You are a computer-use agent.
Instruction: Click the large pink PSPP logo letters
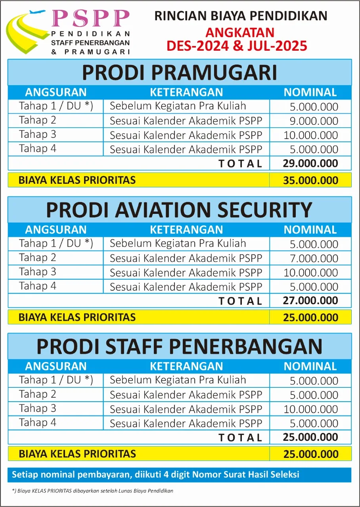click(x=90, y=18)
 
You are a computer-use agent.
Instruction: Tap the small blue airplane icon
click(x=38, y=13)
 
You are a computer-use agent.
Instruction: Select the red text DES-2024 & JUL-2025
click(x=237, y=45)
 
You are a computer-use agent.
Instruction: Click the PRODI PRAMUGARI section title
click(x=179, y=73)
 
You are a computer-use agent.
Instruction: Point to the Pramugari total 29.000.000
click(x=310, y=163)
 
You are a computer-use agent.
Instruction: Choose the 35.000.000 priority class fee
click(x=310, y=181)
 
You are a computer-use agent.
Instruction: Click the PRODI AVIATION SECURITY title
click(x=179, y=210)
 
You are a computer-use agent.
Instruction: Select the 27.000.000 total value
click(x=310, y=300)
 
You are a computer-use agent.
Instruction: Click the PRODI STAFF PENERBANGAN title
click(x=179, y=347)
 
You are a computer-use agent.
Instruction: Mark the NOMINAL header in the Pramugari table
click(x=310, y=92)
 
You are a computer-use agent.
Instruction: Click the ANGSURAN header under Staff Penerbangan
click(x=56, y=366)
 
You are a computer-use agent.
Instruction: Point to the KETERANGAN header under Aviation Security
click(x=186, y=229)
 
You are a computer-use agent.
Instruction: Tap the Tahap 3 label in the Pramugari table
click(x=38, y=135)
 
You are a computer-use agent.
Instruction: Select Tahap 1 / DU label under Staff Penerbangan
click(x=56, y=380)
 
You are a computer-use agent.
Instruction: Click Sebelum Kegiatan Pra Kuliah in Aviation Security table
click(x=178, y=243)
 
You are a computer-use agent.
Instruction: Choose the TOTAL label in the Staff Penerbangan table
click(x=240, y=437)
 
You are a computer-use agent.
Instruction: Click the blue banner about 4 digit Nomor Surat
click(x=179, y=475)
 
